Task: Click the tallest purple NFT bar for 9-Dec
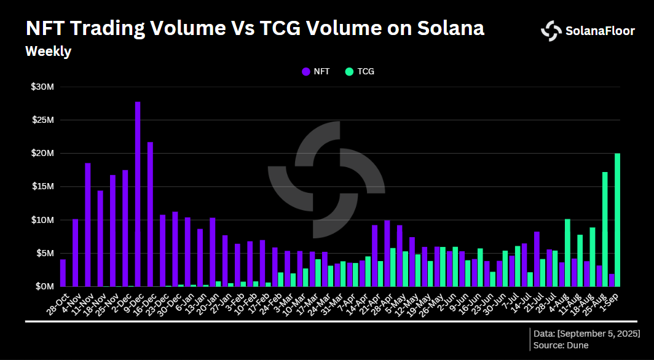tap(138, 194)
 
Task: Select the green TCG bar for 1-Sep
tap(617, 220)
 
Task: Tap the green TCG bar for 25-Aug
tap(605, 229)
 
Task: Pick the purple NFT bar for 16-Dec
tap(150, 214)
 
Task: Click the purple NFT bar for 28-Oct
tap(63, 273)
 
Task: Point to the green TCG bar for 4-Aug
tap(567, 252)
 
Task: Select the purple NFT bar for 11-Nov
tap(88, 225)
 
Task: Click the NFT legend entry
tap(316, 71)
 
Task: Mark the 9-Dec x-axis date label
tap(131, 301)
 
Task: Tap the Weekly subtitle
tap(48, 52)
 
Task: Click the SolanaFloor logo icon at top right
tap(551, 31)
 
